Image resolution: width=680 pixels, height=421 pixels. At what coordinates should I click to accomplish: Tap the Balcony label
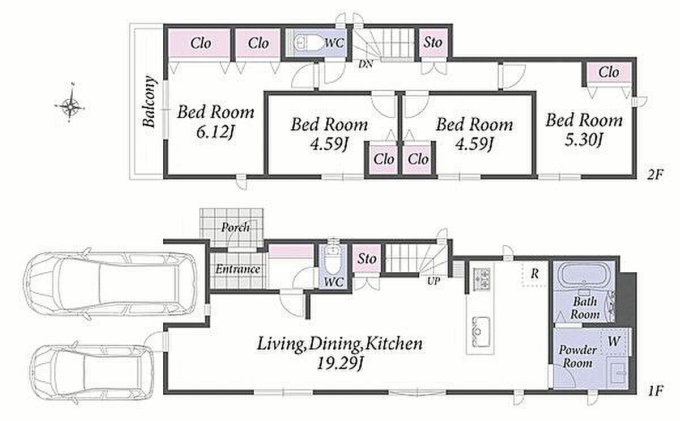point(150,102)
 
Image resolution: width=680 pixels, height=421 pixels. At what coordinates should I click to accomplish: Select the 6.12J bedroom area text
point(215,133)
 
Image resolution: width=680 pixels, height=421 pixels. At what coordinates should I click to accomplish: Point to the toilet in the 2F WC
point(309,43)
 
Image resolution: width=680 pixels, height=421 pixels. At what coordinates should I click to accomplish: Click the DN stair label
point(365,64)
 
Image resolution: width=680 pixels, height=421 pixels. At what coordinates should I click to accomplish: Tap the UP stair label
point(433,281)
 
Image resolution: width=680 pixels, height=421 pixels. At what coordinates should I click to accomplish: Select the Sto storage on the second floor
point(432,42)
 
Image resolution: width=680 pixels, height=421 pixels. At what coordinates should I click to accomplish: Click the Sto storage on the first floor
point(367,259)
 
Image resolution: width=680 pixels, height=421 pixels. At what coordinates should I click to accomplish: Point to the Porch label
point(236,228)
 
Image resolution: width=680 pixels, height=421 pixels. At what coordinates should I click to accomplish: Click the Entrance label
point(237,270)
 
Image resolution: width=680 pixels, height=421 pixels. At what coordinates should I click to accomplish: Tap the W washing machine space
point(614,342)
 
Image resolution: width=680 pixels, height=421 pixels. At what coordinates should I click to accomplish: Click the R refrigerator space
point(535,274)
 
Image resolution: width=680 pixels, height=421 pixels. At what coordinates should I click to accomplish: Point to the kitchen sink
point(480,332)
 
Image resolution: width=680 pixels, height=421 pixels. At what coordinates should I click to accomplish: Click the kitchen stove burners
point(482,280)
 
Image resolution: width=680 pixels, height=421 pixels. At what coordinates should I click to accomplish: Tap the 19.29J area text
point(340,363)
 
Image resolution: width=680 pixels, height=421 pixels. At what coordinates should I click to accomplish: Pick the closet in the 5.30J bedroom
point(609,73)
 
